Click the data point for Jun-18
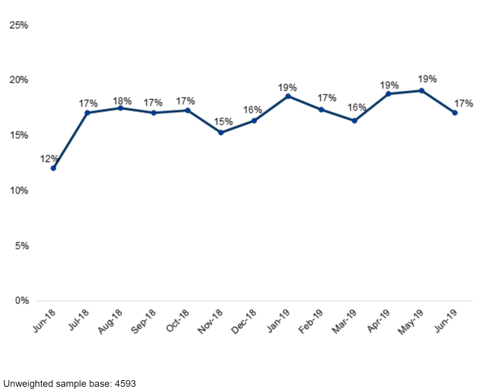53,168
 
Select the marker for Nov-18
221,133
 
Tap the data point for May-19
422,91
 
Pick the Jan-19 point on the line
288,96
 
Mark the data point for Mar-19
354,121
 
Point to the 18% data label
122,101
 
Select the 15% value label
223,122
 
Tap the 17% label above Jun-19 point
463,103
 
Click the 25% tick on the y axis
19,25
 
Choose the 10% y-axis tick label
19,191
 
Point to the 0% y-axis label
22,301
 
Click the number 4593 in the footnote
125,384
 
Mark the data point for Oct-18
188,110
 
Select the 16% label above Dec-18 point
253,110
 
